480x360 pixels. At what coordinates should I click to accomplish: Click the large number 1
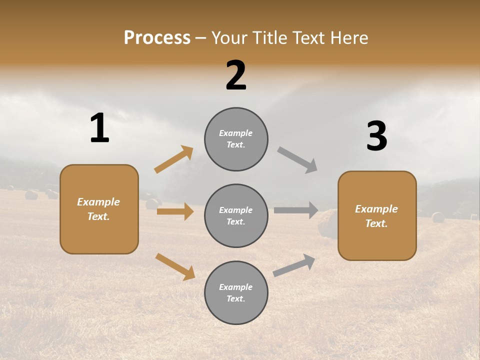pyautogui.click(x=99, y=128)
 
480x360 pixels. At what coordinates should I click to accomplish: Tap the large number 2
pyautogui.click(x=236, y=75)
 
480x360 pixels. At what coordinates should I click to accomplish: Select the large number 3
pyautogui.click(x=376, y=136)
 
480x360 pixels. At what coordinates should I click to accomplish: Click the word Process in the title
pyautogui.click(x=157, y=37)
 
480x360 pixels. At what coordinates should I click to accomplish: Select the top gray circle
pyautogui.click(x=236, y=138)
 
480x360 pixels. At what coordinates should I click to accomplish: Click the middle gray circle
pyautogui.click(x=236, y=215)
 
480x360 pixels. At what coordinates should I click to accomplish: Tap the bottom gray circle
pyautogui.click(x=236, y=292)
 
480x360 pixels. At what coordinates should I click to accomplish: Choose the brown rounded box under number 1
pyautogui.click(x=99, y=209)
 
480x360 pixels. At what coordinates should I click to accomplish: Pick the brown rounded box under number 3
pyautogui.click(x=377, y=215)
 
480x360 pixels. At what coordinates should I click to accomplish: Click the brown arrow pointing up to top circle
pyautogui.click(x=174, y=159)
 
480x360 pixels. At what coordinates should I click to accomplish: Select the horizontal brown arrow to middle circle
pyautogui.click(x=175, y=211)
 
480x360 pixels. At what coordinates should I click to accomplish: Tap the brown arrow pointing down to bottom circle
pyautogui.click(x=175, y=266)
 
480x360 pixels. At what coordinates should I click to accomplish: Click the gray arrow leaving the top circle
pyautogui.click(x=297, y=160)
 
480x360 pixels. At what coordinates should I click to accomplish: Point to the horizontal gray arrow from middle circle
pyautogui.click(x=296, y=210)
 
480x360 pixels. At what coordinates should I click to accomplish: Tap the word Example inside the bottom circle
pyautogui.click(x=235, y=287)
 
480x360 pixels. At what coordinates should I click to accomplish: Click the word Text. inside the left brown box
pyautogui.click(x=98, y=216)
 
